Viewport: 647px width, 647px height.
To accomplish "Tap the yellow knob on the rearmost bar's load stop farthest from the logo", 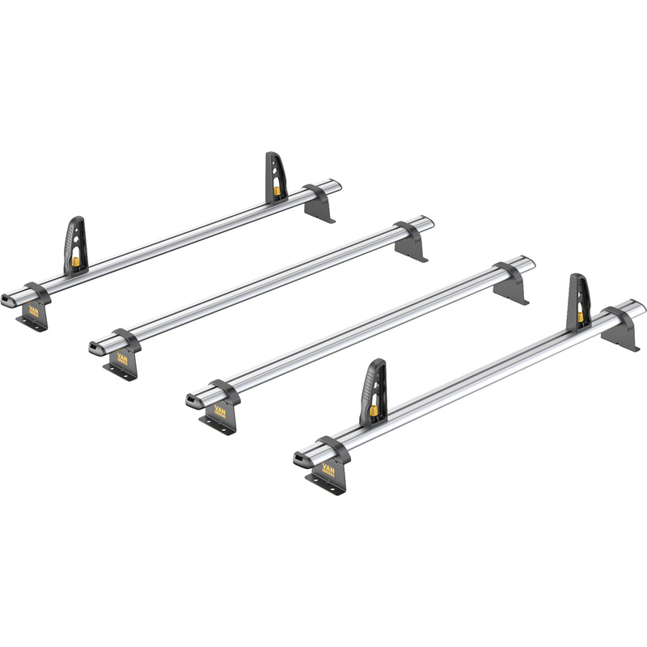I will tap(276, 192).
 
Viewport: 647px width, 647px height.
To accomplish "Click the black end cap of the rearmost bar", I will tap(9, 299).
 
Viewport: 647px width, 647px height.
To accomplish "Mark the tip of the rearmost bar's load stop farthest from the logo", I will tap(272, 154).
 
